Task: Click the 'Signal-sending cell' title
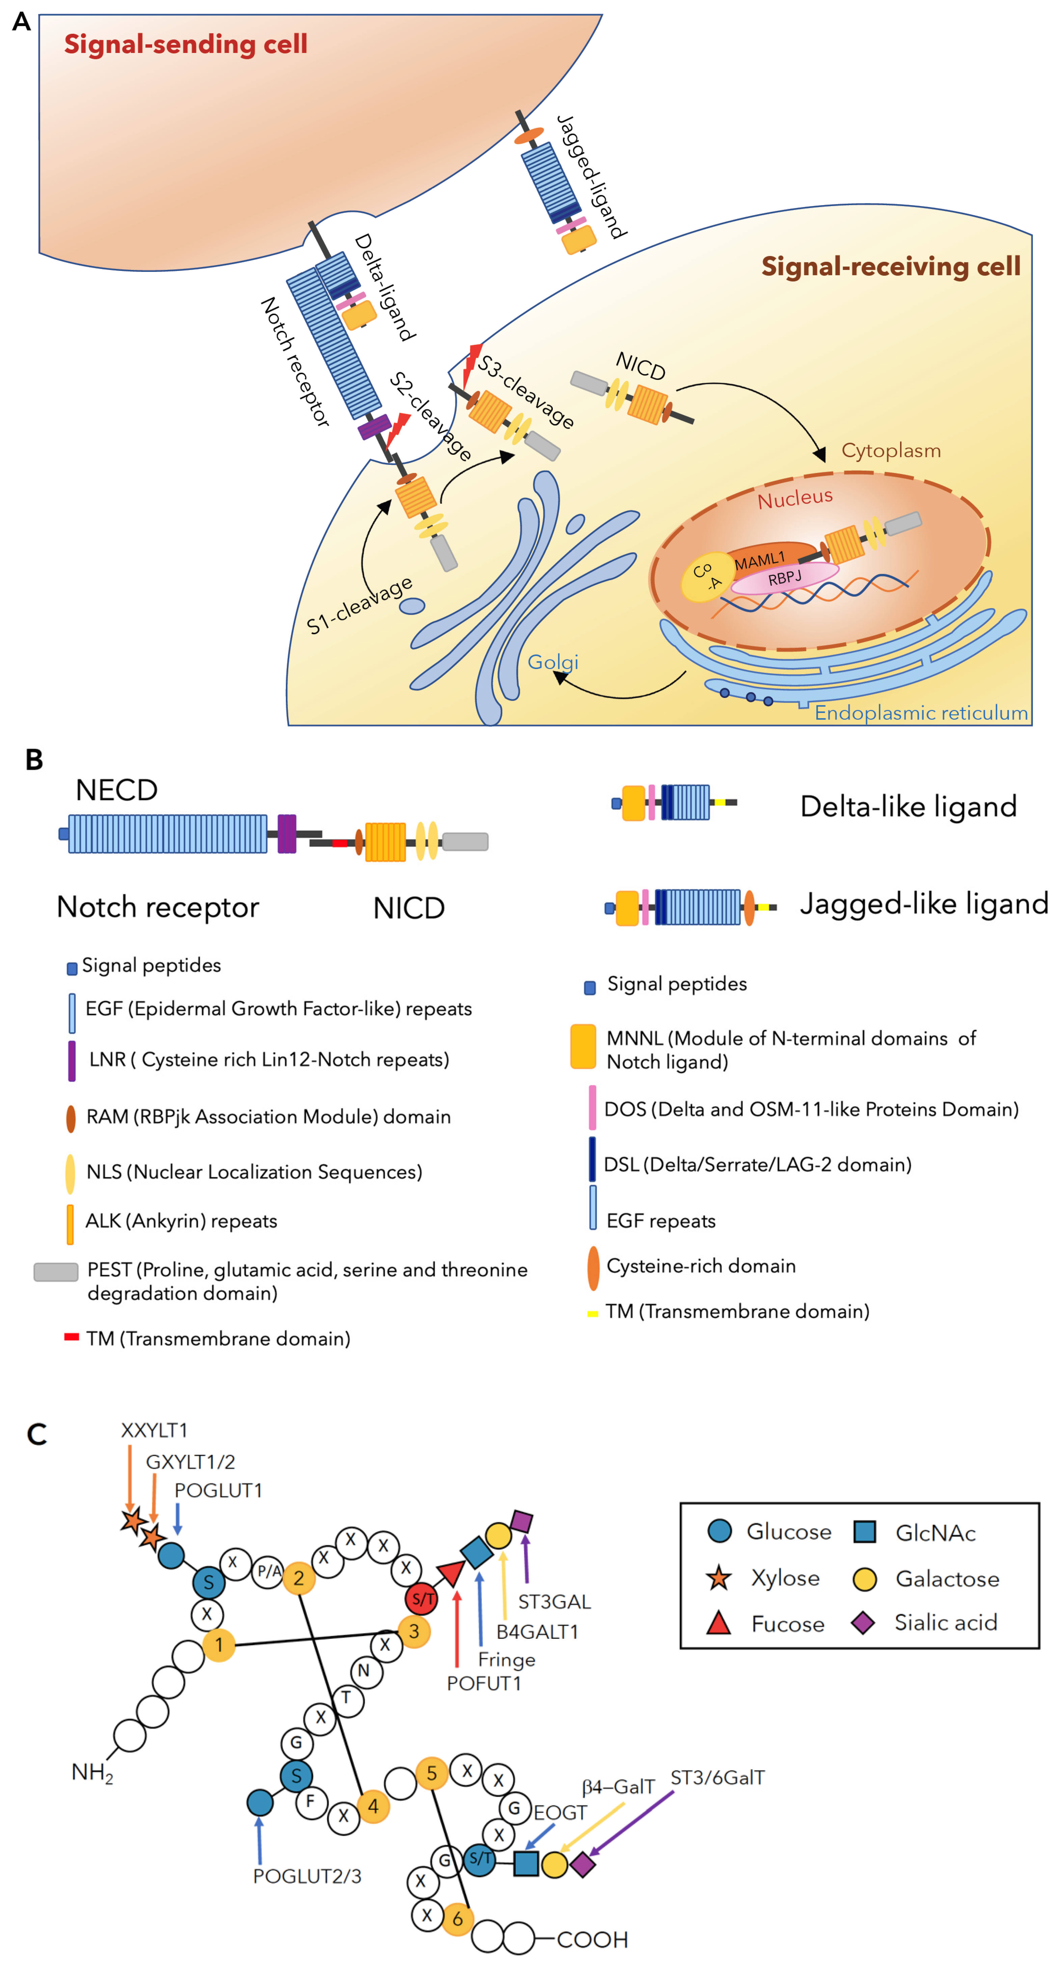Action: [186, 44]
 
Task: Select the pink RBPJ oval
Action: [785, 578]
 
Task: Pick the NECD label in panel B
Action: [117, 790]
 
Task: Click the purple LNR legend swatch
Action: [72, 1061]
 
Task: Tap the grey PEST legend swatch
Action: [56, 1271]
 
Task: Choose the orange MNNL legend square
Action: [583, 1046]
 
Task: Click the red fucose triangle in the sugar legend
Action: [718, 1622]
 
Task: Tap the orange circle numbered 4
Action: [373, 1806]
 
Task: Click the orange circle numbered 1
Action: [219, 1644]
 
